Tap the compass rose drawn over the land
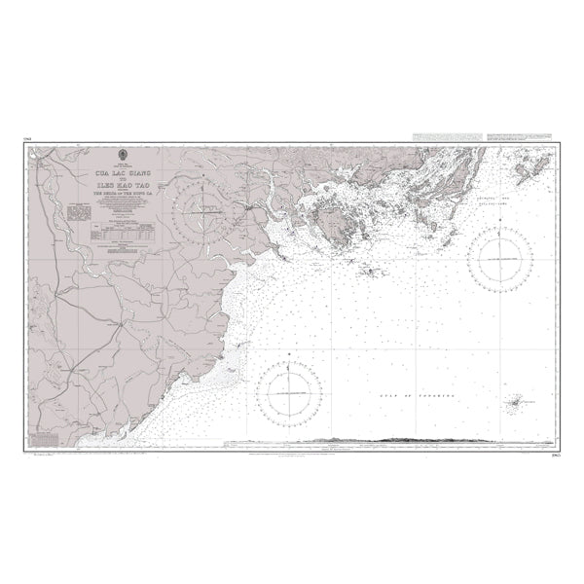(x=203, y=208)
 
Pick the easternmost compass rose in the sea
(x=498, y=259)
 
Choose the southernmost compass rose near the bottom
(x=288, y=391)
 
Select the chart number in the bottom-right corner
(x=557, y=452)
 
